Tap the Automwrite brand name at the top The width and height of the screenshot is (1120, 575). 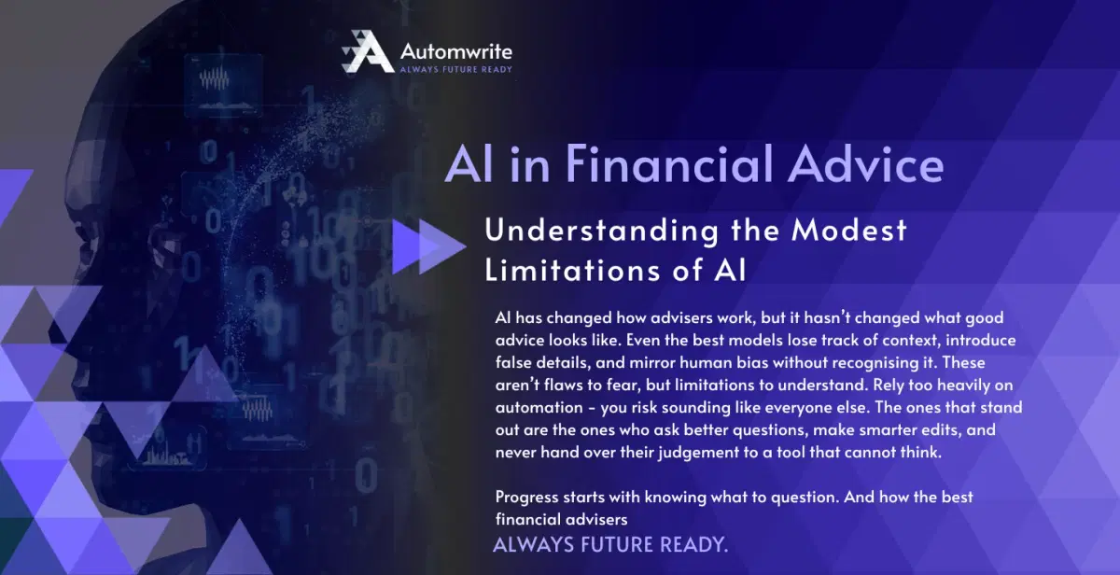click(455, 49)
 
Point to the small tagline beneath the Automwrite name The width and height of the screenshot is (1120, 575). click(455, 69)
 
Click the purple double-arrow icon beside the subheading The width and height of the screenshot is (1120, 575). click(427, 247)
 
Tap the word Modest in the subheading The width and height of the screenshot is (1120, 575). click(847, 230)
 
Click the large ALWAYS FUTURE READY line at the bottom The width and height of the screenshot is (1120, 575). click(609, 543)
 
